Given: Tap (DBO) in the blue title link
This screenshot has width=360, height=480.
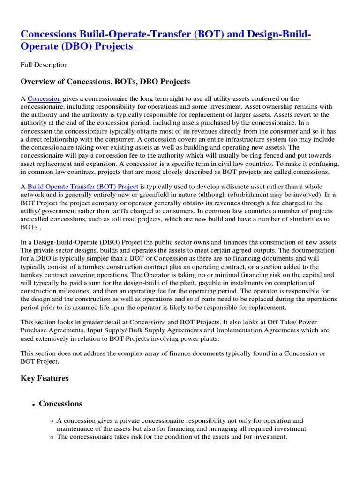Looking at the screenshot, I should coord(70,47).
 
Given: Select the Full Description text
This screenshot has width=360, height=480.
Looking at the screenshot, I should coord(44,65).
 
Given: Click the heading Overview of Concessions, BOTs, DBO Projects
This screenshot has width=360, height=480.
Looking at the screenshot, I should coord(105,82).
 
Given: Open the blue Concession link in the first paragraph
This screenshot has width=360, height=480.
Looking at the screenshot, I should coord(44,98).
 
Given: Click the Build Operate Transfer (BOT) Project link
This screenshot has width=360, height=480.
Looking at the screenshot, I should coord(83,186).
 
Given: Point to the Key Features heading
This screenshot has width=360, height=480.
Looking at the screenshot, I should coord(45,378).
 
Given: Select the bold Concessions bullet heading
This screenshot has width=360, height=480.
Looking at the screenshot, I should coord(60,404).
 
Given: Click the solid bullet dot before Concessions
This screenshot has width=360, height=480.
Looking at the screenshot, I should coord(34,405).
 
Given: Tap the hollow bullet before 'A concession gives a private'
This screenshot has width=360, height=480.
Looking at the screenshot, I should coord(51,421).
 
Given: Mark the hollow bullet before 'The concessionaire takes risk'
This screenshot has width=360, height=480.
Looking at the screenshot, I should coord(51,437).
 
